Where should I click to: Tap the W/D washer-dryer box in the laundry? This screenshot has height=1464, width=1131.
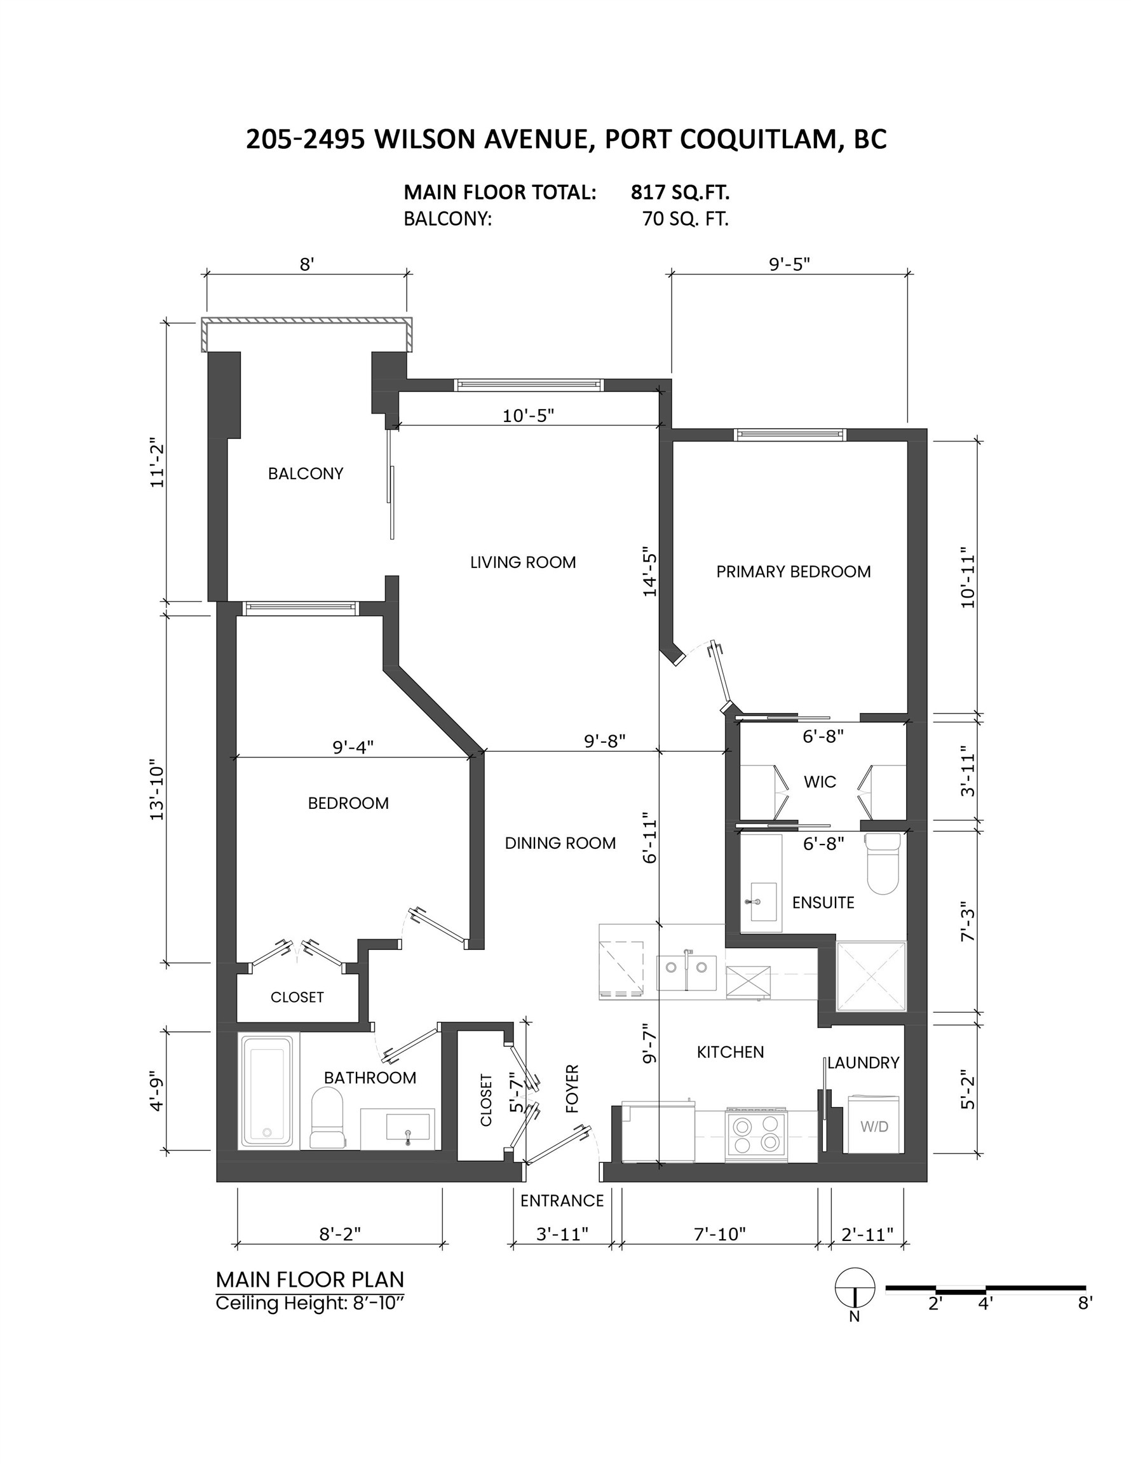click(x=874, y=1126)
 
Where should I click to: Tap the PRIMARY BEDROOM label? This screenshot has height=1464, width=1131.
click(x=793, y=572)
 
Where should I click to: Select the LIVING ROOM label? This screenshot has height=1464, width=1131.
click(x=523, y=562)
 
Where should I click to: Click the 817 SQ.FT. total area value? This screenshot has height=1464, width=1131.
click(x=679, y=193)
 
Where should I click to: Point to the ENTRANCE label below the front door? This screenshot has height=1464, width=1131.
click(x=562, y=1200)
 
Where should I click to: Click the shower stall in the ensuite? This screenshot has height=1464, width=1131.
click(x=870, y=977)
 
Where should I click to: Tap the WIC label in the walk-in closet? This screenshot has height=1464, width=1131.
click(x=820, y=782)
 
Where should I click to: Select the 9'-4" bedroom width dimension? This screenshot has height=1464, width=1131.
click(x=353, y=747)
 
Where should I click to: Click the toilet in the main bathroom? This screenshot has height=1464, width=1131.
click(x=327, y=1119)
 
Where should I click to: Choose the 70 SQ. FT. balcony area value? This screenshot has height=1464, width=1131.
click(x=684, y=219)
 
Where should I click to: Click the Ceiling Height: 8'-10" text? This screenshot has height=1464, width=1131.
click(x=311, y=1304)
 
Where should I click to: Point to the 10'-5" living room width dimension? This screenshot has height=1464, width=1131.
click(x=528, y=416)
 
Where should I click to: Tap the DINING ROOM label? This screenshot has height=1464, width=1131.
click(x=560, y=843)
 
